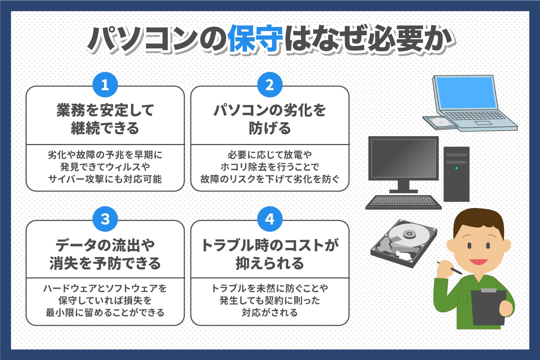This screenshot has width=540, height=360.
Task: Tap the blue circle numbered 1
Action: [x=105, y=85]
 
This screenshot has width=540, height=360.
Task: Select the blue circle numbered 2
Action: [x=270, y=85]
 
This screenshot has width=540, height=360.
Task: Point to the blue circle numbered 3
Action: [x=105, y=219]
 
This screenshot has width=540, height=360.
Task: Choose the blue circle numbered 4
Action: [x=270, y=219]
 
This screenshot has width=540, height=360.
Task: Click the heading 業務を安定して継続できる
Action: [x=105, y=119]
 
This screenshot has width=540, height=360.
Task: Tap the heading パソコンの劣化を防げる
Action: [x=270, y=119]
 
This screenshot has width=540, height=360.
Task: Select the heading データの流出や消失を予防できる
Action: [x=105, y=254]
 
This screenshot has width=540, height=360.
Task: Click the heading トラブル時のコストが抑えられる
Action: [x=270, y=254]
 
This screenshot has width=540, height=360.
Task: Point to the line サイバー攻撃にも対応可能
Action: [x=105, y=179]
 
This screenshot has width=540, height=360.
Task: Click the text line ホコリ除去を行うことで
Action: [x=270, y=167]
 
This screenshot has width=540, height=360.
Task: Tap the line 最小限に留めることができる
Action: [x=105, y=312]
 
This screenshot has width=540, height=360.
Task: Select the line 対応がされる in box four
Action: [x=270, y=312]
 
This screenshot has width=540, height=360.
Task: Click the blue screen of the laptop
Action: [x=466, y=93]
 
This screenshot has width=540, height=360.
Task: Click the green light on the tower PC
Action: [x=456, y=168]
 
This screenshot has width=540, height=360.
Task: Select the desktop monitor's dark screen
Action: [x=403, y=158]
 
